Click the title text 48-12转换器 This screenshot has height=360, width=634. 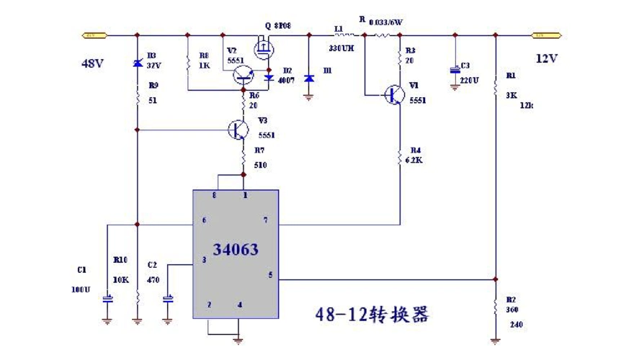pos(372,314)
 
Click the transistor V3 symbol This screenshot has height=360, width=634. pos(238,130)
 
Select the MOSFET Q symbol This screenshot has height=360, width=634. pos(264,48)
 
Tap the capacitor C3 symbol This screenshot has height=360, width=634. pos(454,71)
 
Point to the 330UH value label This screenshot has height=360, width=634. pos(340,48)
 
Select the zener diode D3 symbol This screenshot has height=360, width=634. pos(137,63)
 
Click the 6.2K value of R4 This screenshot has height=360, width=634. pos(414,160)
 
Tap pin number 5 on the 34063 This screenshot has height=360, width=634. pos(270,274)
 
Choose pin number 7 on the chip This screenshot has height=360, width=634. pos(265,219)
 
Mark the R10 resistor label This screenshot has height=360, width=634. pos(120,260)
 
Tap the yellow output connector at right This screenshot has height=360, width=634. pos(546,35)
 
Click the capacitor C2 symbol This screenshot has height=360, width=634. pos(169,297)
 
